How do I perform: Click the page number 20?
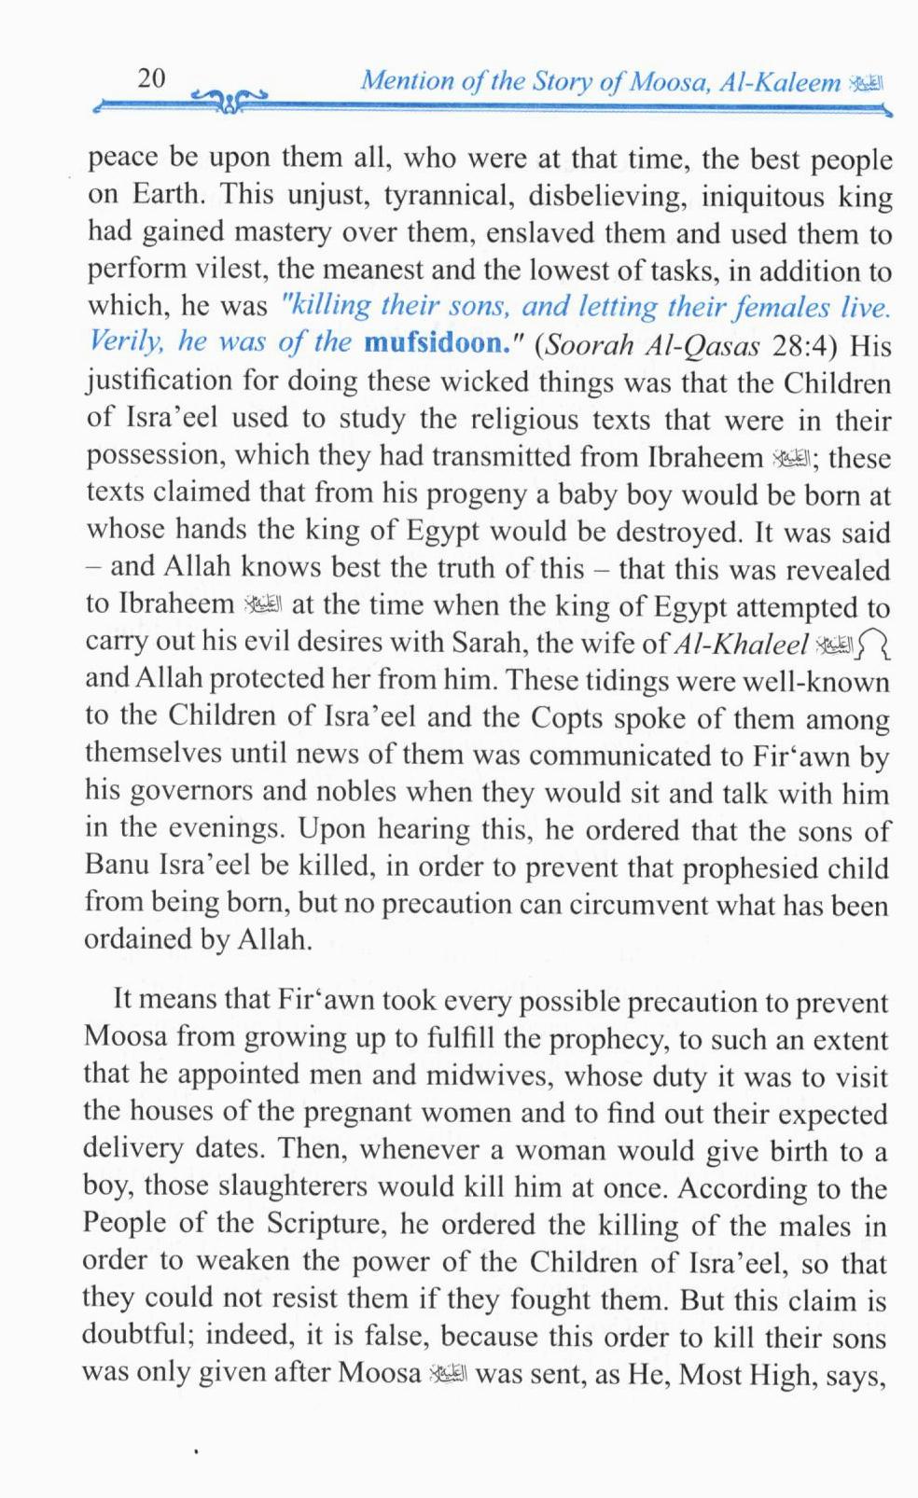click(x=151, y=78)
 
